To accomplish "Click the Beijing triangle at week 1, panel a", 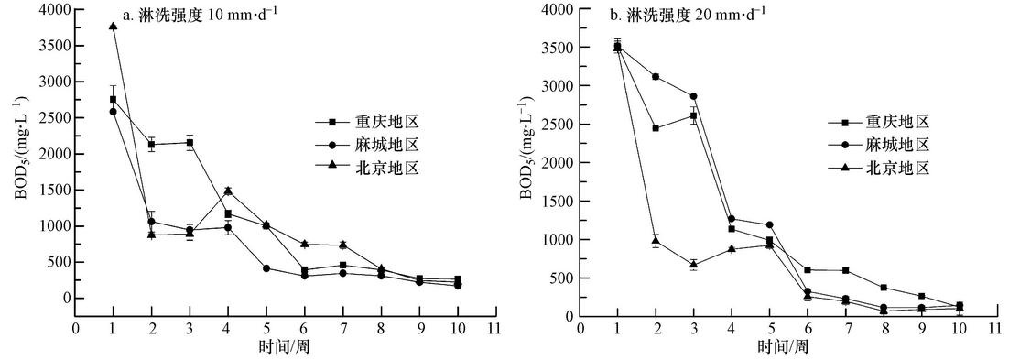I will coord(113,26).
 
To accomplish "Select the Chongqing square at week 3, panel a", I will coord(190,143).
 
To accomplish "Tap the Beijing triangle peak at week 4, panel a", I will coord(227,191).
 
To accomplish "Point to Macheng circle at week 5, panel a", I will coord(266,268).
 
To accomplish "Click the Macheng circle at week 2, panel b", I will coord(656,77).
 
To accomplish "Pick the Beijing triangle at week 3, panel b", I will coord(694,264).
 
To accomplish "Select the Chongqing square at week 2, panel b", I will coord(656,128).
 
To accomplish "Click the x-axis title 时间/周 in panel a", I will coord(285,347).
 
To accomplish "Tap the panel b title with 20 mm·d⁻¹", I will coord(697,13).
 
